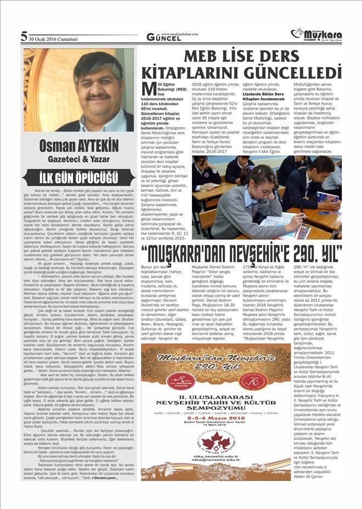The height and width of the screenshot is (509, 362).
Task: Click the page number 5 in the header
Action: pos(24,37)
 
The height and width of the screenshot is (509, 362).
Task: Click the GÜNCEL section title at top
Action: pos(162,37)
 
